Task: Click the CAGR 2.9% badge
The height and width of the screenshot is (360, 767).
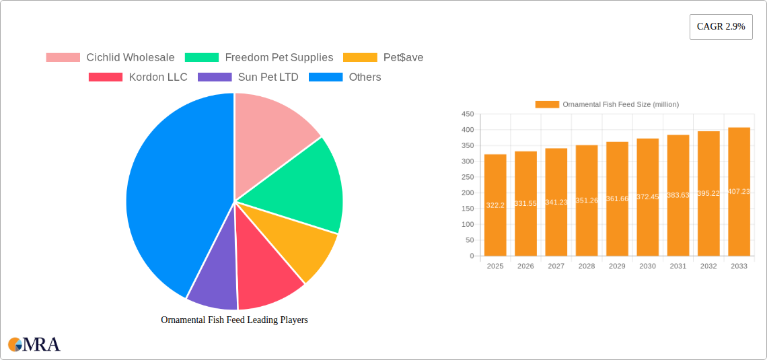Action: tap(721, 26)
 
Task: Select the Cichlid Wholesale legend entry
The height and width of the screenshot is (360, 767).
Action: tap(110, 57)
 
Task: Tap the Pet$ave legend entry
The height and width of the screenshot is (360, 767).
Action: tap(383, 57)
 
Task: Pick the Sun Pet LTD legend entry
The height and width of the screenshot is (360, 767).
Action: tap(248, 77)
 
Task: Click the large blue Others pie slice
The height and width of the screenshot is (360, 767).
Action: tap(168, 195)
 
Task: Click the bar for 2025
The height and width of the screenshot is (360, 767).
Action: tap(495, 205)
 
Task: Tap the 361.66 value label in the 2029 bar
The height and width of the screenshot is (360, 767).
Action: tap(617, 199)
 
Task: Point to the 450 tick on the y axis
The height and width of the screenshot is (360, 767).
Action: tap(467, 114)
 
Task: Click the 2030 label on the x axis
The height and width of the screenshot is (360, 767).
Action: tap(647, 266)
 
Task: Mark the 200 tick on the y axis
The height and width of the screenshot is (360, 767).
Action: tap(467, 193)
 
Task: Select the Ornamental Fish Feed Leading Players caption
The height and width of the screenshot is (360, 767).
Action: tap(234, 320)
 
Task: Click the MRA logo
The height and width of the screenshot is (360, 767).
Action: tap(34, 345)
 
